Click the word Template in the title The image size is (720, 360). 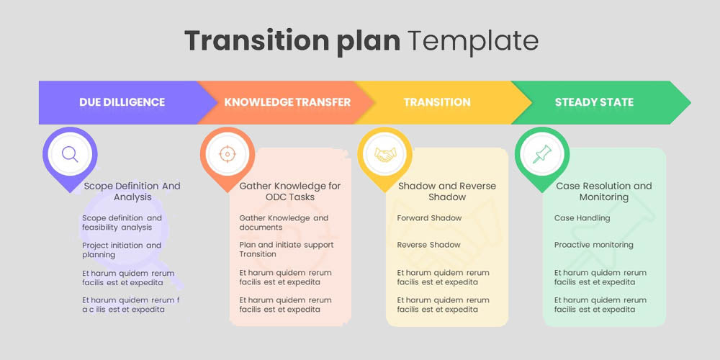(x=473, y=40)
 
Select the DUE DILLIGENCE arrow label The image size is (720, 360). (x=122, y=102)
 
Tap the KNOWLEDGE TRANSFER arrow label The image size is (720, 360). (x=287, y=102)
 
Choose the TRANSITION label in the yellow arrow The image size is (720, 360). (x=437, y=102)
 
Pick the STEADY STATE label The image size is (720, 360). (x=594, y=102)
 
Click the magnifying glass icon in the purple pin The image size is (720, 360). (x=70, y=153)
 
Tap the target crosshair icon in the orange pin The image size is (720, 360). (x=227, y=153)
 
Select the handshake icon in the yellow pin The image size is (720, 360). (x=384, y=153)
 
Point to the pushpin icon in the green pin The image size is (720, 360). (x=541, y=153)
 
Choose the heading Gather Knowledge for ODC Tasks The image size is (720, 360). (x=290, y=192)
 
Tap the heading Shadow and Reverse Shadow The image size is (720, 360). (x=447, y=192)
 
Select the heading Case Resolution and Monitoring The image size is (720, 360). (x=604, y=192)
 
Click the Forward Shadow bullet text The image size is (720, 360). (x=430, y=218)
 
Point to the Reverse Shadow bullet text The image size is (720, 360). (x=429, y=245)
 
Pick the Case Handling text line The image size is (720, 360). (x=582, y=218)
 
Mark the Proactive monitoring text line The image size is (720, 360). (x=594, y=245)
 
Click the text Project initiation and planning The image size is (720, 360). (x=122, y=250)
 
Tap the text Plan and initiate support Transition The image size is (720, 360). (x=287, y=250)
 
